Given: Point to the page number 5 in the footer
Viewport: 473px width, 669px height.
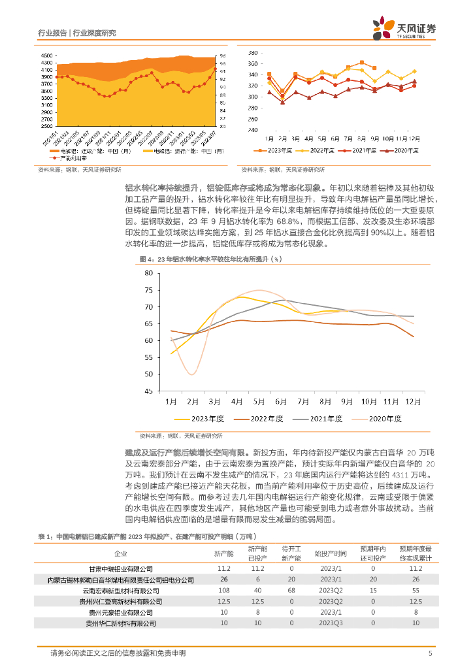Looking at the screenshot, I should [x=430, y=653].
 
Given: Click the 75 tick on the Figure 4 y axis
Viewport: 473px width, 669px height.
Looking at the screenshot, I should [x=149, y=289].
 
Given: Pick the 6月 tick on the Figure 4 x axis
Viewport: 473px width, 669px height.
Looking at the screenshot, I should [x=282, y=401].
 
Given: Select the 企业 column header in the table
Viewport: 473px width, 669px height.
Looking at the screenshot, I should [x=121, y=553].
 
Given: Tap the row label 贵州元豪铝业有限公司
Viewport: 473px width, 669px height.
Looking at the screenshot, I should [x=121, y=613].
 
